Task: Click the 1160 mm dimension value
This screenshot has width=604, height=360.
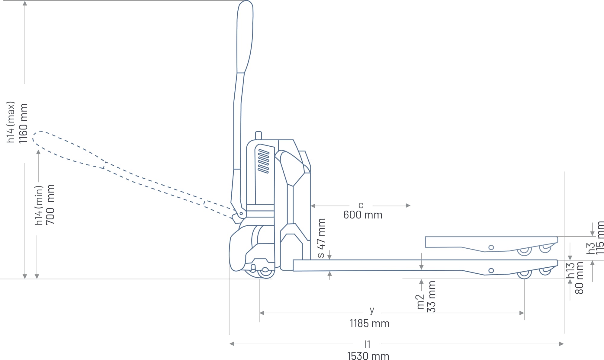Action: point(24,123)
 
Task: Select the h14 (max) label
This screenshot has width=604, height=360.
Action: point(11,122)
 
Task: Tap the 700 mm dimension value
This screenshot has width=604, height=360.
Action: point(50,205)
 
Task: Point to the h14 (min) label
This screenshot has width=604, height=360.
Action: point(39,205)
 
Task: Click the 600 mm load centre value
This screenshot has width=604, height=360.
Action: point(363,215)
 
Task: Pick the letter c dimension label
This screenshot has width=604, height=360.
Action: point(361,205)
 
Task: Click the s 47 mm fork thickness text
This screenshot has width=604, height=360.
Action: point(321,238)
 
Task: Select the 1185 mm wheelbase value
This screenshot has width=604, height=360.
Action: point(369,323)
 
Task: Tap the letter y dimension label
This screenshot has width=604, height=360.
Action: point(372,310)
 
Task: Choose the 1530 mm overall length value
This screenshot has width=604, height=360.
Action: point(368,356)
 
